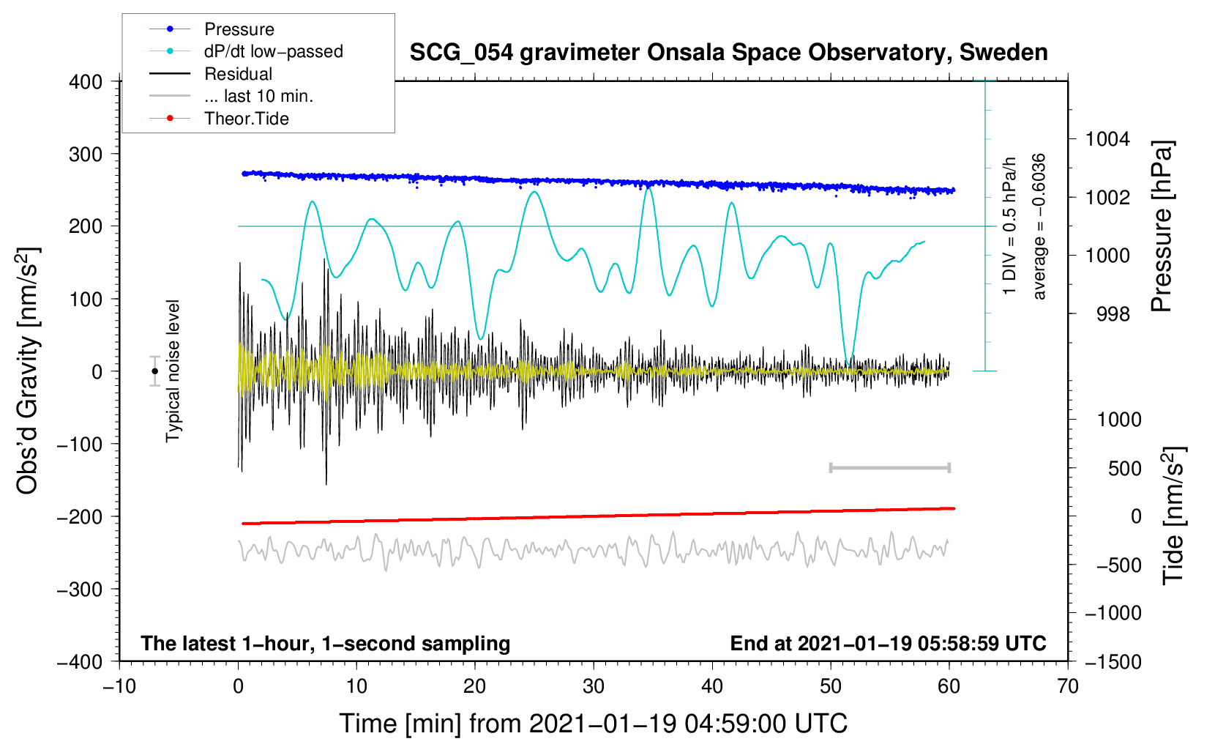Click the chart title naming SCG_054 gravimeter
[728, 53]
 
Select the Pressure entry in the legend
[239, 29]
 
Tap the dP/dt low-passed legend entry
[273, 51]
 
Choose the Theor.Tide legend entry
[246, 119]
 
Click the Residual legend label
[238, 74]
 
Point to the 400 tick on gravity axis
[86, 82]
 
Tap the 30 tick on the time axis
[594, 686]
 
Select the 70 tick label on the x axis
[1068, 686]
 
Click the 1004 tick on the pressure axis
[1107, 139]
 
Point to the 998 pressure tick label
[1113, 314]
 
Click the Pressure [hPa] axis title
[1162, 227]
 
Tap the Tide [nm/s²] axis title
[1173, 516]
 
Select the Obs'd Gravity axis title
[28, 371]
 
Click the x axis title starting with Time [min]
[593, 724]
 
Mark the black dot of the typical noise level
[155, 371]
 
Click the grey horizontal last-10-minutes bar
[889, 467]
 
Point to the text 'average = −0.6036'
[1039, 227]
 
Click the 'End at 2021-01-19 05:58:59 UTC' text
[888, 643]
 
